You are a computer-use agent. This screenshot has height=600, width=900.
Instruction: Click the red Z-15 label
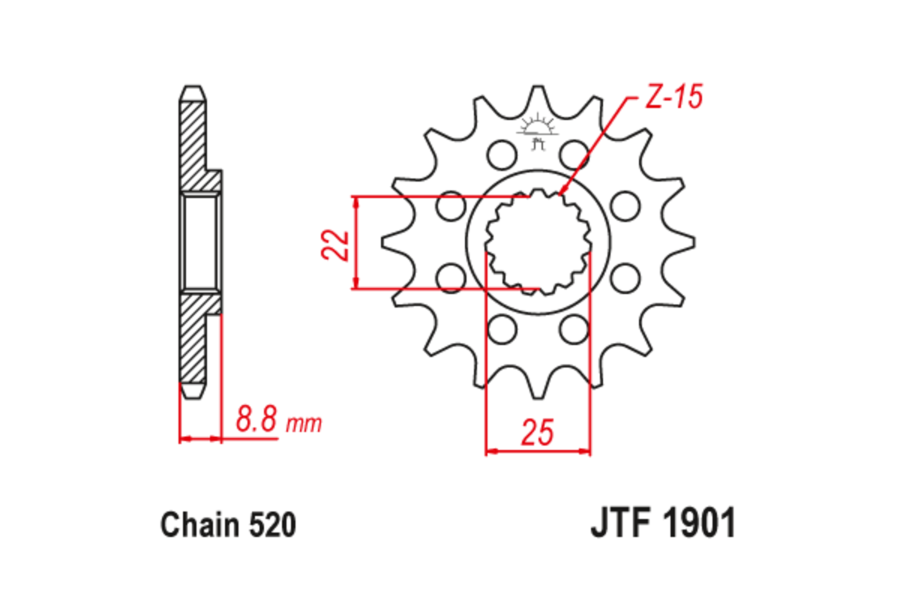[x=672, y=97]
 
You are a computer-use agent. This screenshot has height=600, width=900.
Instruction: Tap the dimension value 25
[x=538, y=433]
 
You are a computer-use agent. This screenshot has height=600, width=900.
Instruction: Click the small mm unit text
[x=304, y=424]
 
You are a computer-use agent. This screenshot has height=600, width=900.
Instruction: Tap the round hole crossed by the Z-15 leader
[x=574, y=154]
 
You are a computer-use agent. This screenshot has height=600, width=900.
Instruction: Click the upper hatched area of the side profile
[x=193, y=142]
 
